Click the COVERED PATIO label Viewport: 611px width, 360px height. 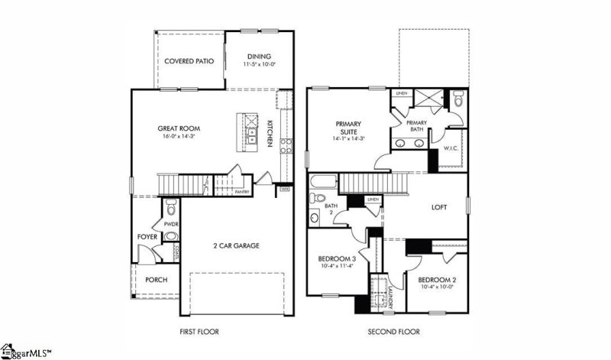coord(189,61)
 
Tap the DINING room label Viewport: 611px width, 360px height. coord(259,56)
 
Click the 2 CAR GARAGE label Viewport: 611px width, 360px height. coord(237,246)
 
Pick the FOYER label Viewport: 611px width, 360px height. coord(147,238)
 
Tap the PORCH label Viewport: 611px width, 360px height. coord(156,280)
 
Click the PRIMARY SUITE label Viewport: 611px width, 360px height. coord(349,128)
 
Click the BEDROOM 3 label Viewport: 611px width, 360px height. coord(337,259)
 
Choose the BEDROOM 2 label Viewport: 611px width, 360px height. coord(437,280)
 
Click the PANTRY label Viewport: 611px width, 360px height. coord(243,193)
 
